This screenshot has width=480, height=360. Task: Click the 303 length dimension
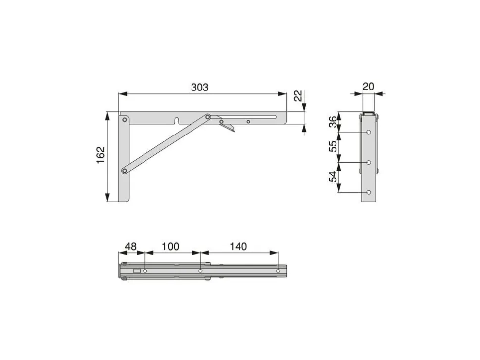coord(199,88)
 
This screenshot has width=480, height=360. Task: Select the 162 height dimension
coord(101,155)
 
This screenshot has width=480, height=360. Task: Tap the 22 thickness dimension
coord(298,96)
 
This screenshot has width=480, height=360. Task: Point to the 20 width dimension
coord(368,87)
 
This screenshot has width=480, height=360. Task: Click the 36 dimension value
coord(333,122)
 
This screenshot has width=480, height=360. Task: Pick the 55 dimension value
coord(333,146)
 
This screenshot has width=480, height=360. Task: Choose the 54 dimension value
coord(333,177)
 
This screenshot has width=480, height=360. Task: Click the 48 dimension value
coord(131,247)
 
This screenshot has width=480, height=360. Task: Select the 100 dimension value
coord(170,247)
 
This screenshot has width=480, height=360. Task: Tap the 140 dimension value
coord(238,247)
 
